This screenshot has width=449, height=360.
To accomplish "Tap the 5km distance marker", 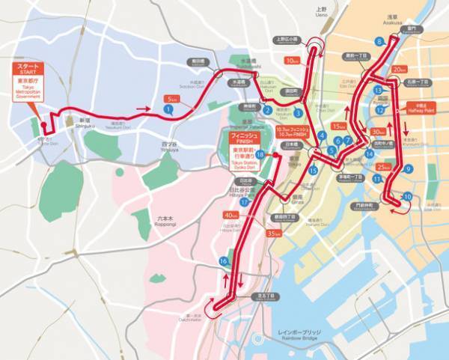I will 171,98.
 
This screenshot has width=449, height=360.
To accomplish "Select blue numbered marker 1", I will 168,109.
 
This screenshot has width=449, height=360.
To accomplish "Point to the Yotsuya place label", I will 170,141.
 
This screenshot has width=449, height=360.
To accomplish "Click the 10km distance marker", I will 293,60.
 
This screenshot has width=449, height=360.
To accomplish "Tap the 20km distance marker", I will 399,70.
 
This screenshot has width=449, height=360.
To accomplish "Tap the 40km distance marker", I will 232,216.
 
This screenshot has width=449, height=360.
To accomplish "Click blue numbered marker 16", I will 223,260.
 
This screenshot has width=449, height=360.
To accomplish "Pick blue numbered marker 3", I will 298,114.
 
